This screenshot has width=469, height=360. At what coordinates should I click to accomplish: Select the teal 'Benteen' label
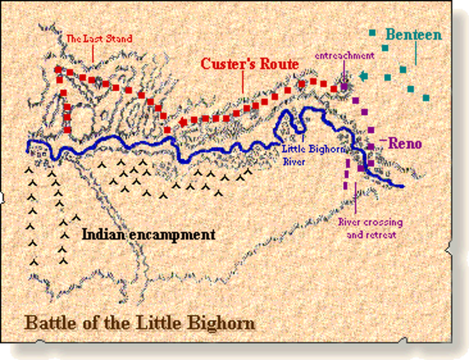pos(413,34)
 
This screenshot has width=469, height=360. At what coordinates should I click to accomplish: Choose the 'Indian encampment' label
pos(148,235)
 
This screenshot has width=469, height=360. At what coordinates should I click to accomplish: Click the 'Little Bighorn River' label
pos(305,154)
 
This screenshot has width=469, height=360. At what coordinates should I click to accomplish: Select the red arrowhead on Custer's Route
pos(182,121)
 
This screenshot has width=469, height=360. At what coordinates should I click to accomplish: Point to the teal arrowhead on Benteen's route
pos(363,75)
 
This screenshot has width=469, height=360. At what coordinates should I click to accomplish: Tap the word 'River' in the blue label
pos(293,159)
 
